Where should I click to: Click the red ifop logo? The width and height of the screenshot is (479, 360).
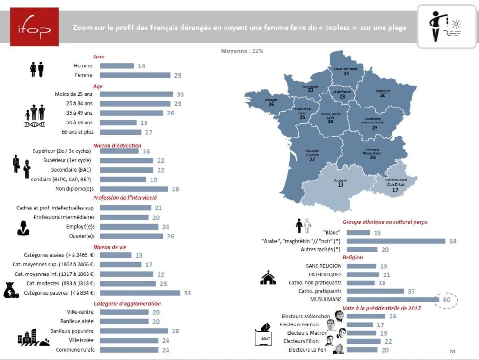(35, 27)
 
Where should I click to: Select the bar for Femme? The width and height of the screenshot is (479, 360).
(135, 75)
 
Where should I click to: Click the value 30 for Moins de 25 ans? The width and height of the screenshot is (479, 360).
(180, 94)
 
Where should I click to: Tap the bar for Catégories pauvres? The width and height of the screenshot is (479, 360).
(140, 293)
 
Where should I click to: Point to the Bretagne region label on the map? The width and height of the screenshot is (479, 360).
(271, 100)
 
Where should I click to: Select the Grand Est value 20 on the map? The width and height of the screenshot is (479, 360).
(383, 95)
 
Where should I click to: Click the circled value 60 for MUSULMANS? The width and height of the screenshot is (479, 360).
(446, 300)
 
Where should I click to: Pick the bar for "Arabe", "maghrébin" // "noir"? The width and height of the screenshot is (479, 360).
(396, 241)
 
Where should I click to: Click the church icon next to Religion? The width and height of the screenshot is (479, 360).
(268, 278)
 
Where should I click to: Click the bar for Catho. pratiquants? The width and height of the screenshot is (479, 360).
(375, 291)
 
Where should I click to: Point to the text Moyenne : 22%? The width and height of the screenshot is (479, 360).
(242, 50)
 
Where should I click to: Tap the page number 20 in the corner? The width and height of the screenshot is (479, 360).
(451, 352)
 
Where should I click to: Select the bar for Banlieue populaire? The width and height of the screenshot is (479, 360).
(129, 331)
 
